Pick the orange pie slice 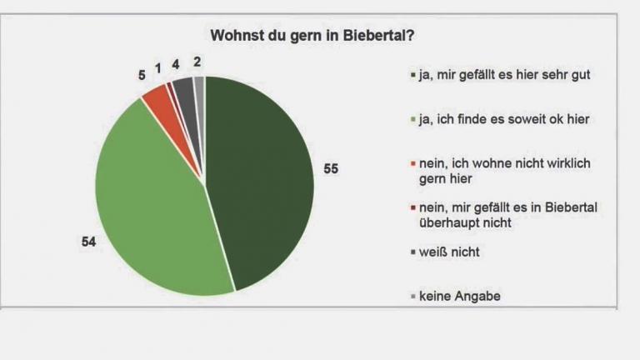point(157,99)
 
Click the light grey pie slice point(199,85)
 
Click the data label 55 point(331,169)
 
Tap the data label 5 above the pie point(142,75)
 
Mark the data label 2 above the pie point(197,61)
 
